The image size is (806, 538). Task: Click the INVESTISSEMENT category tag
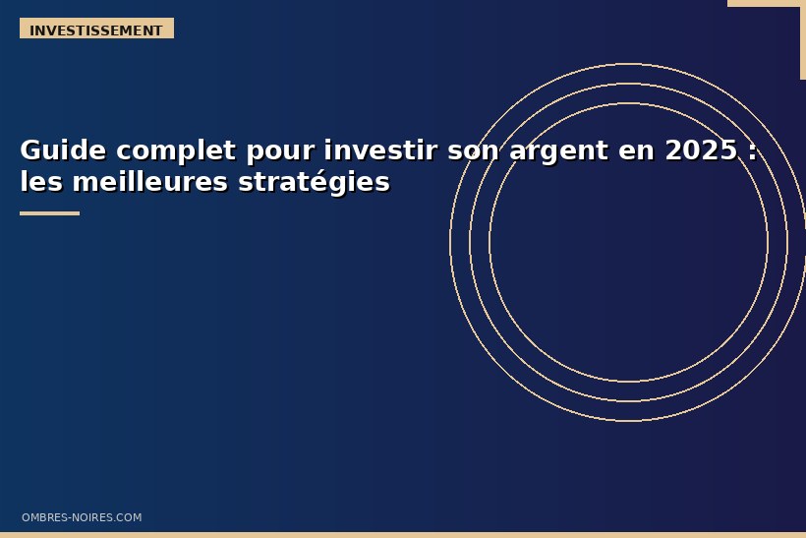tap(96, 30)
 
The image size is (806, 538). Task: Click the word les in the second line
tap(41, 182)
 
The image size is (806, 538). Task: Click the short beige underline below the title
tap(49, 212)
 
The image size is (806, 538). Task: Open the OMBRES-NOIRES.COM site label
tap(82, 517)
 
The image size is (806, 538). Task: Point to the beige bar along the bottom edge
tap(403, 535)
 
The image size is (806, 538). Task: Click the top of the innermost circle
tap(628, 103)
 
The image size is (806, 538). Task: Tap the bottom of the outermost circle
tap(628, 421)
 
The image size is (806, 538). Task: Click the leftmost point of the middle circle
tap(470, 242)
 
